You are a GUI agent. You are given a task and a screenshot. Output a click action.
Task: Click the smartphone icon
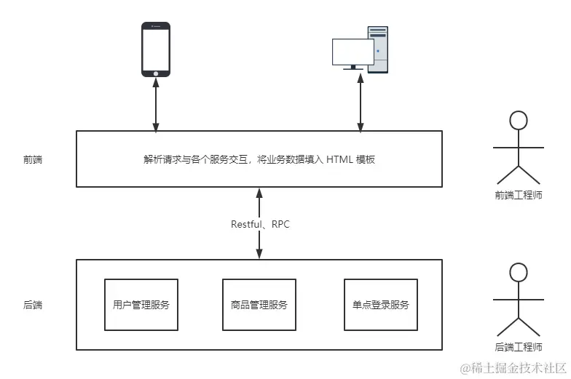pyautogui.click(x=155, y=49)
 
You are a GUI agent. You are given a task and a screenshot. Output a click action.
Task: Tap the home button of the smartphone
pyautogui.click(x=155, y=73)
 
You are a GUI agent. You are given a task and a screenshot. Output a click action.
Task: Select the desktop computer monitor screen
pyautogui.click(x=353, y=52)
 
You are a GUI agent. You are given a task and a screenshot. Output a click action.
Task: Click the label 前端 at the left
pyautogui.click(x=33, y=159)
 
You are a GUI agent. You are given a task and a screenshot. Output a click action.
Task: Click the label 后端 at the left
pyautogui.click(x=33, y=305)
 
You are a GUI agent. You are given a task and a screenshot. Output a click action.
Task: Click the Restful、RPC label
pyautogui.click(x=260, y=224)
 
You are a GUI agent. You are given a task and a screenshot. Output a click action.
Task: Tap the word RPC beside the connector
pyautogui.click(x=280, y=224)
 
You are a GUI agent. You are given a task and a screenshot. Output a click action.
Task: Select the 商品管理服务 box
pyautogui.click(x=259, y=305)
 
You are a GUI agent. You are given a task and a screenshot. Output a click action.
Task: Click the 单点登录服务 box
pyautogui.click(x=380, y=305)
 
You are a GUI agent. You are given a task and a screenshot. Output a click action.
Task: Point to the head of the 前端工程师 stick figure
pyautogui.click(x=518, y=121)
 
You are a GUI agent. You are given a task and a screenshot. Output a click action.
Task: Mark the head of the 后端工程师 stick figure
pyautogui.click(x=518, y=273)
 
